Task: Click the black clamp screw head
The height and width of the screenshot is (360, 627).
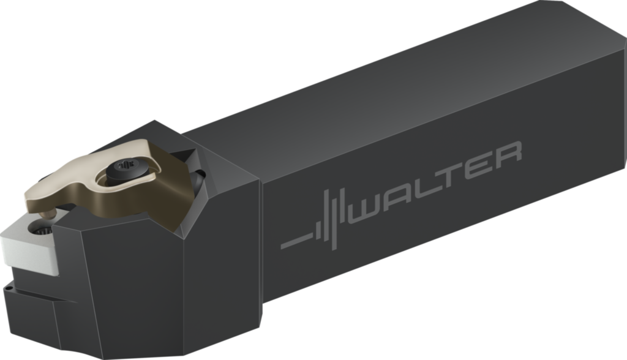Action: coord(126,169)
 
